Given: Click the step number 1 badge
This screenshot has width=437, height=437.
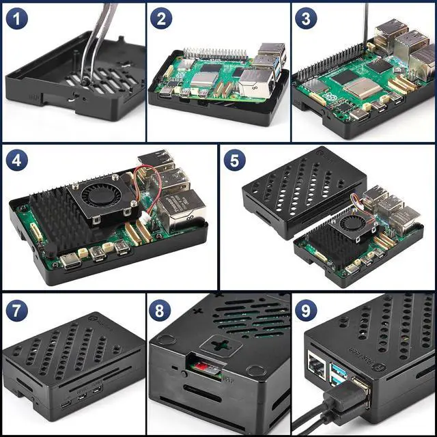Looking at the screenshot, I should (17, 18).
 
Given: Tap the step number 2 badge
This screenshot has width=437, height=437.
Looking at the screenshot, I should (160, 18).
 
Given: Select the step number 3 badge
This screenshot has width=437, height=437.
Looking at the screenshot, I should (306, 18).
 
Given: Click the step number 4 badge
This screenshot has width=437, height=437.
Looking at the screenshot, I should (18, 162).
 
